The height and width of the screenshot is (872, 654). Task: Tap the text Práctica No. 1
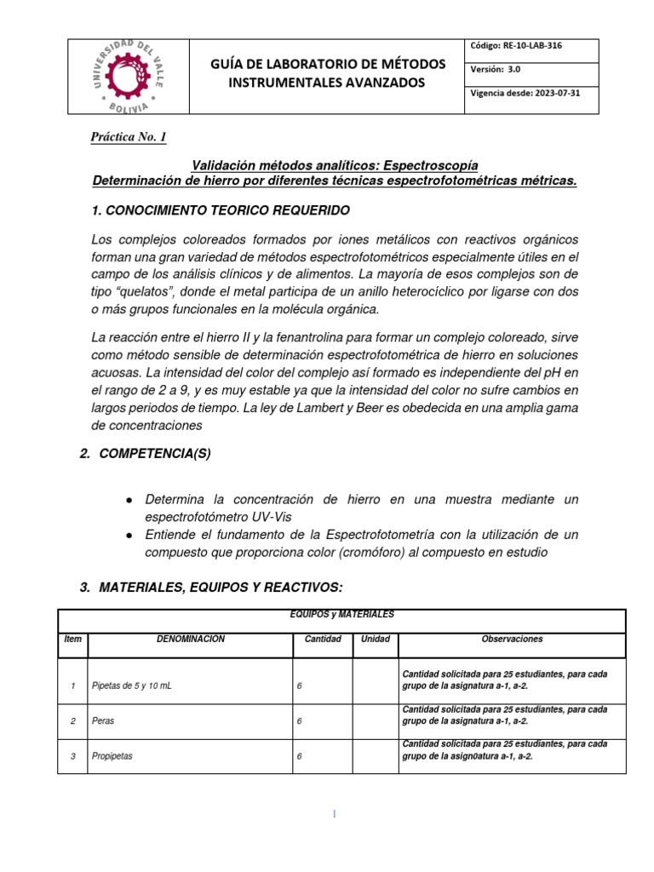(129, 138)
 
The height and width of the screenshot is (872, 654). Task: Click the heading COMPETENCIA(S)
(155, 454)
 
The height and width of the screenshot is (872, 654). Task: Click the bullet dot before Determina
(128, 500)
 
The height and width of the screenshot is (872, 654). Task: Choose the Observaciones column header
(512, 639)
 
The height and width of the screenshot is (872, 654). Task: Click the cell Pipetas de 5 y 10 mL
(131, 686)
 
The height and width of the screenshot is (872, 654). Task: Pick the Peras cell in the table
(103, 720)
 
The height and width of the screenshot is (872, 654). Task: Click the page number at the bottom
(335, 814)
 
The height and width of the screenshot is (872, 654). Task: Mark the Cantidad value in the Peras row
(300, 720)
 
